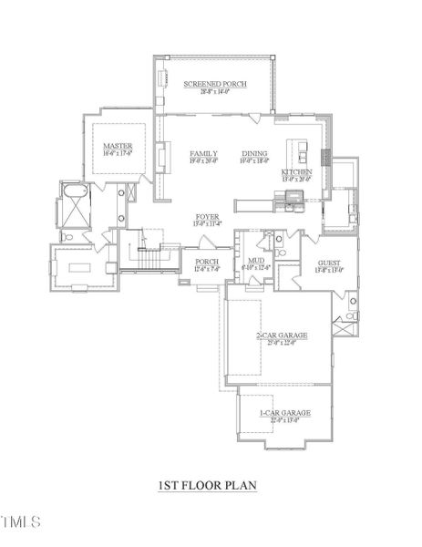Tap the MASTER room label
tap(118, 146)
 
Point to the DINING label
tap(255, 153)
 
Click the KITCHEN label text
tap(296, 172)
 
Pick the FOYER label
tap(206, 217)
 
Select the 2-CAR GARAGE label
tap(282, 335)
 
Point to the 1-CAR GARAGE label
tap(283, 413)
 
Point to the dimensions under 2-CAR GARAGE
tap(282, 344)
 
